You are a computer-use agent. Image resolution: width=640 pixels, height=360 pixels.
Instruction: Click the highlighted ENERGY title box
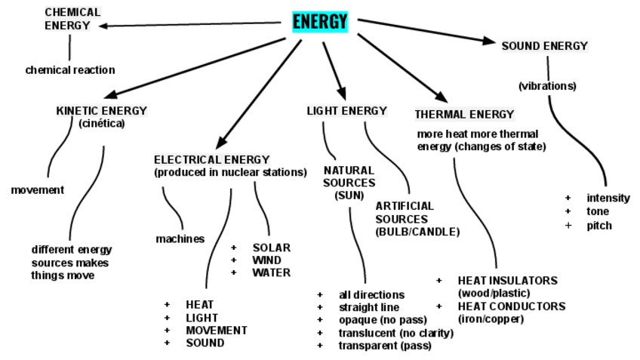320,21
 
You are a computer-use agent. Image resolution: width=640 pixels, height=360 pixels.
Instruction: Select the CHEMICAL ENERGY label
72,19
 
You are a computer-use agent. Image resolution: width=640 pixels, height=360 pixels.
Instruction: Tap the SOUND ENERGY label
544,46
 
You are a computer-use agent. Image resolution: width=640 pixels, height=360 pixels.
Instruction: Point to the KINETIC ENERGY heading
101,110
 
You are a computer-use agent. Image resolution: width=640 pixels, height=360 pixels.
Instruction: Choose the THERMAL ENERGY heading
464,115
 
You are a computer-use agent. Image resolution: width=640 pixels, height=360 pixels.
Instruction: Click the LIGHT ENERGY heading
346,111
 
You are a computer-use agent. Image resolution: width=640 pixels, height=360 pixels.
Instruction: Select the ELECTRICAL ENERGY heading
211,159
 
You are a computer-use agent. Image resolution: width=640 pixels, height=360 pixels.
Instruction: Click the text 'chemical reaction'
70,70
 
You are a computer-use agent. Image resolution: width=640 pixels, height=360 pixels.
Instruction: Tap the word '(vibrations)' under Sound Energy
547,86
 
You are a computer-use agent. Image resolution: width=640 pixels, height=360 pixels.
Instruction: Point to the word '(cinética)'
101,122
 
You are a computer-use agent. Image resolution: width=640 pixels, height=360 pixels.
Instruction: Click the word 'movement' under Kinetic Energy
38,190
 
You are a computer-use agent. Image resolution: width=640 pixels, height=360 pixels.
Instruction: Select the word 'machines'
180,239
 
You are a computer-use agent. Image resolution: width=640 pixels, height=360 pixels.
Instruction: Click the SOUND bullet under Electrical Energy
205,343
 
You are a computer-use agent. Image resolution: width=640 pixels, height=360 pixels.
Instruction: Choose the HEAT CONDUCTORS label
511,306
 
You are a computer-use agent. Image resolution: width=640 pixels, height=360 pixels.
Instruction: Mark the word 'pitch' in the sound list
598,226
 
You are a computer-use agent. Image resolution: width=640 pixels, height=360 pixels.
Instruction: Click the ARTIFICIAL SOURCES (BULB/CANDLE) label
417,218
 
